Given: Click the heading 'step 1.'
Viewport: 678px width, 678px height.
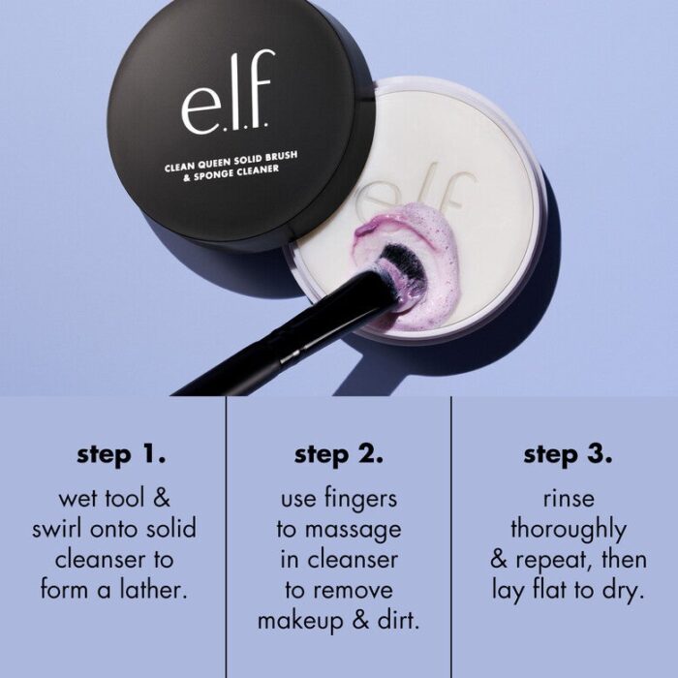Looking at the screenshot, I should pyautogui.click(x=121, y=453).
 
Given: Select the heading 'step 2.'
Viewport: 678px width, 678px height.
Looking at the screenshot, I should pyautogui.click(x=339, y=453).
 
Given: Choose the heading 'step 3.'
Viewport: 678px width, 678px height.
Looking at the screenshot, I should pyautogui.click(x=569, y=453).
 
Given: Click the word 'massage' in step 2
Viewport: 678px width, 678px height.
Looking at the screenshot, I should pyautogui.click(x=353, y=530).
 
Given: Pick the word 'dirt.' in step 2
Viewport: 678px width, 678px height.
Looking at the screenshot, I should pyautogui.click(x=395, y=620).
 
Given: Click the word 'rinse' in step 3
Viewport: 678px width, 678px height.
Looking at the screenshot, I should pyautogui.click(x=569, y=500).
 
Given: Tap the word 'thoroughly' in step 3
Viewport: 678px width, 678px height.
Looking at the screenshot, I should pyautogui.click(x=569, y=530).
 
